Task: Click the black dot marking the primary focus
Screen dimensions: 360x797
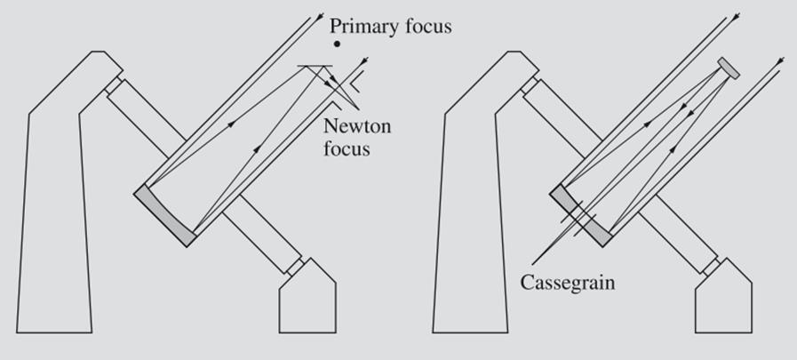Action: (x=336, y=44)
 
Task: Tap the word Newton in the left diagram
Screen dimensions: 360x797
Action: (x=357, y=126)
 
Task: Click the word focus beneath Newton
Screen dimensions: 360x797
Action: (x=347, y=148)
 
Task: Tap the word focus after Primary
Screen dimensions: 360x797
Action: (x=426, y=26)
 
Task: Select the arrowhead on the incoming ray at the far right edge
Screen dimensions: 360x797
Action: (x=779, y=60)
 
